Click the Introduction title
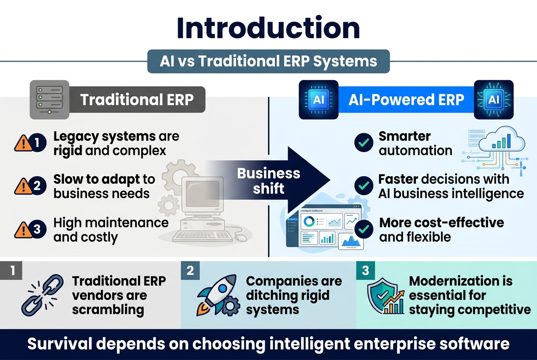pyautogui.click(x=268, y=28)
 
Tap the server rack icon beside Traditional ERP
pyautogui.click(x=49, y=99)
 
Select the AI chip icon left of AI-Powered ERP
pyautogui.click(x=319, y=99)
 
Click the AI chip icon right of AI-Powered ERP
pyautogui.click(x=494, y=99)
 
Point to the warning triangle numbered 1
pyautogui.click(x=24, y=143)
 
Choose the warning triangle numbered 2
pyautogui.click(x=24, y=186)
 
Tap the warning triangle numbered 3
pyautogui.click(x=24, y=229)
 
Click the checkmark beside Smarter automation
pyautogui.click(x=363, y=143)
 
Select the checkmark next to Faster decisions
pyautogui.click(x=363, y=186)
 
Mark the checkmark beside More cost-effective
pyautogui.click(x=363, y=229)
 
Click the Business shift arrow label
pyautogui.click(x=268, y=180)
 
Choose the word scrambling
pyautogui.click(x=108, y=309)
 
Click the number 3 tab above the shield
pyautogui.click(x=366, y=271)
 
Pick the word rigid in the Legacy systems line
pyautogui.click(x=68, y=151)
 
